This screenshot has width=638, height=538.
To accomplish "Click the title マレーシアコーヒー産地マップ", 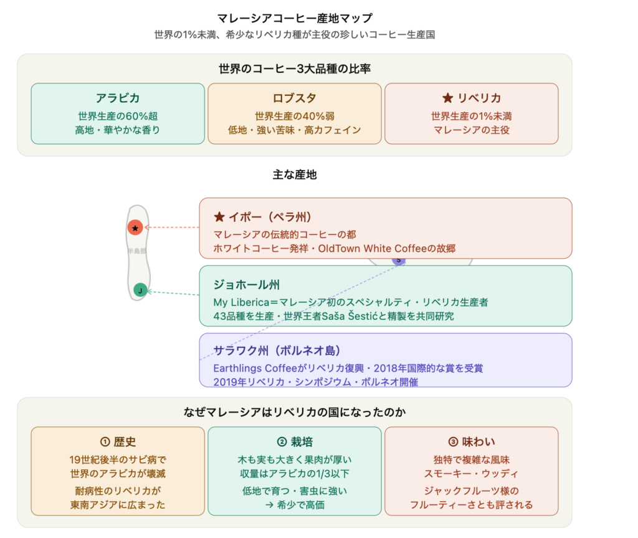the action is [x=295, y=18].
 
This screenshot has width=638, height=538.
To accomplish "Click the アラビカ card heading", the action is [x=118, y=98].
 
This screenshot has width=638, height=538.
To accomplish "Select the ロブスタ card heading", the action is [x=294, y=98].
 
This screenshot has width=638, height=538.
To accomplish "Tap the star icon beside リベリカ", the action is [x=447, y=98].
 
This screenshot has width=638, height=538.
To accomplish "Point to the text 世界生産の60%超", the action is [x=118, y=116].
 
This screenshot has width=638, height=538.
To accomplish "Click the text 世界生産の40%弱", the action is [x=295, y=116].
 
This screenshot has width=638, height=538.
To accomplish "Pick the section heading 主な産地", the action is [x=295, y=175].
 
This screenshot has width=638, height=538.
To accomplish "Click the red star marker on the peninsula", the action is [x=135, y=228].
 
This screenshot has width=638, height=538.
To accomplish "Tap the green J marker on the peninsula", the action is [x=140, y=290].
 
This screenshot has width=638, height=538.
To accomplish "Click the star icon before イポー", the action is [x=219, y=217].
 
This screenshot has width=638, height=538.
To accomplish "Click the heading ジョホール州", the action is [x=247, y=284].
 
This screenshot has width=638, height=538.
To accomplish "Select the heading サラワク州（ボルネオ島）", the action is [x=277, y=350].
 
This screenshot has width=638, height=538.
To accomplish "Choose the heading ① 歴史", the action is [x=118, y=441].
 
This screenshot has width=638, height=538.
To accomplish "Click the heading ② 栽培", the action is [x=295, y=441].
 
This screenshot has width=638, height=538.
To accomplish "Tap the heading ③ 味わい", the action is [x=472, y=441].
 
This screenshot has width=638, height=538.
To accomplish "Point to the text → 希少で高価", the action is [x=295, y=505].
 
